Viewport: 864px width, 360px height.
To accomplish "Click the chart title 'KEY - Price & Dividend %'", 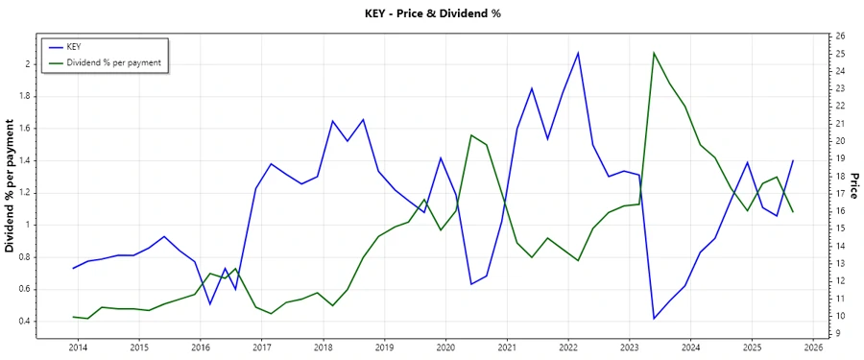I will tap(431, 13).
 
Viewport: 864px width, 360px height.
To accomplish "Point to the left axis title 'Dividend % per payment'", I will tap(11, 186).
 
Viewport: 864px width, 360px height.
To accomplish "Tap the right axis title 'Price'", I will tap(853, 185).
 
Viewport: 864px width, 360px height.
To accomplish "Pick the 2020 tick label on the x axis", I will tap(445, 347).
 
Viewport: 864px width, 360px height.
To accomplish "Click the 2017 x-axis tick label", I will tap(261, 347).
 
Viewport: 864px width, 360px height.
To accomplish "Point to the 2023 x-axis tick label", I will tap(630, 347).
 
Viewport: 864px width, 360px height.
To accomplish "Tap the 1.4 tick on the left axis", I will tap(25, 160).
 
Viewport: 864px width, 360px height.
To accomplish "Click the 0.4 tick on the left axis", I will tap(25, 321).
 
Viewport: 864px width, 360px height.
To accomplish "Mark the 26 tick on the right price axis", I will tap(840, 36).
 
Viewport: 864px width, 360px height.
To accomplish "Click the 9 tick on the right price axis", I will tap(837, 334).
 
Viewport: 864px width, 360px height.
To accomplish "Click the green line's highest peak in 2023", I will tap(654, 53).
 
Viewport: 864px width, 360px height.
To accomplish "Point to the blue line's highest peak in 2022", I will tap(578, 52).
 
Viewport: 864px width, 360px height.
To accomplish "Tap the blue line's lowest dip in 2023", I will tap(654, 319).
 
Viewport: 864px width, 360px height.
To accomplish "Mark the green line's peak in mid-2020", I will tap(470, 134).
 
